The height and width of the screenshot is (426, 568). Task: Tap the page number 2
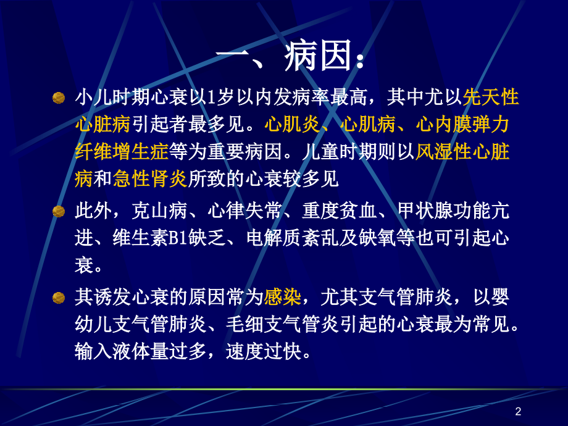(518, 412)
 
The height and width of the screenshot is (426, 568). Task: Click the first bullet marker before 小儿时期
(59, 98)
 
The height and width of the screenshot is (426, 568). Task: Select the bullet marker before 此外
(59, 212)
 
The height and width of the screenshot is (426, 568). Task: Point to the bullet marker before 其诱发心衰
(59, 298)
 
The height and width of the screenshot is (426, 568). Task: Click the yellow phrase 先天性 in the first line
(491, 98)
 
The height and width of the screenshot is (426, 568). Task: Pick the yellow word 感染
(283, 298)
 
